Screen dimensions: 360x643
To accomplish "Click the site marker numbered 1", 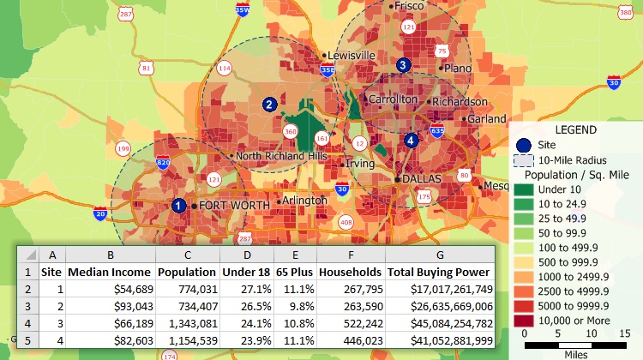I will tap(178, 206).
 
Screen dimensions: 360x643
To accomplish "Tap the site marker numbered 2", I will tap(269, 105).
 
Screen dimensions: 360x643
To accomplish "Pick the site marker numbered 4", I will tap(412, 141).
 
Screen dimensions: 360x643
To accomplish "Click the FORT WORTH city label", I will tap(235, 206).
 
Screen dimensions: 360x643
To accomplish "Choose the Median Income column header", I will tap(110, 272).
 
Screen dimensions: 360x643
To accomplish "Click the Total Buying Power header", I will tap(440, 272).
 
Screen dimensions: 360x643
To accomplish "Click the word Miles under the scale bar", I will tap(576, 354).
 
